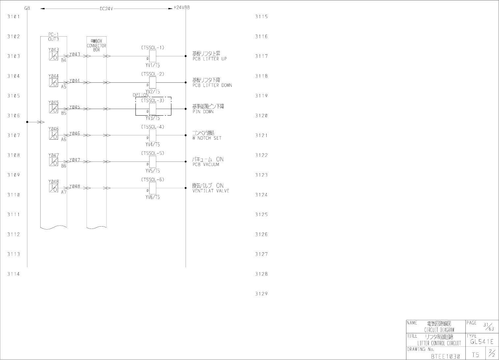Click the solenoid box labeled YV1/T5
click(x=153, y=56)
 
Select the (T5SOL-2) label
click(x=153, y=74)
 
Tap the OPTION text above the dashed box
click(x=140, y=95)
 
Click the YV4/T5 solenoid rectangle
click(x=153, y=135)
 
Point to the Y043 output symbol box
click(x=53, y=56)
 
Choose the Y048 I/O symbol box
click(x=53, y=188)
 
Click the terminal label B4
click(x=64, y=61)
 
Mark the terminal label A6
click(x=64, y=140)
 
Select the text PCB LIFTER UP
click(x=210, y=59)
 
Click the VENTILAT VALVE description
click(x=211, y=191)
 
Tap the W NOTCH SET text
click(x=207, y=138)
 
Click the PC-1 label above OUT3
click(x=53, y=34)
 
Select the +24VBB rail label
click(x=182, y=7)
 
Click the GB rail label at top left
click(x=27, y=8)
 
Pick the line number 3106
click(x=14, y=116)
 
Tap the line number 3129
click(x=261, y=294)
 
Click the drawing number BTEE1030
click(x=445, y=356)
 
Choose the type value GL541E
click(x=482, y=342)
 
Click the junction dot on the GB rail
click(x=27, y=122)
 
